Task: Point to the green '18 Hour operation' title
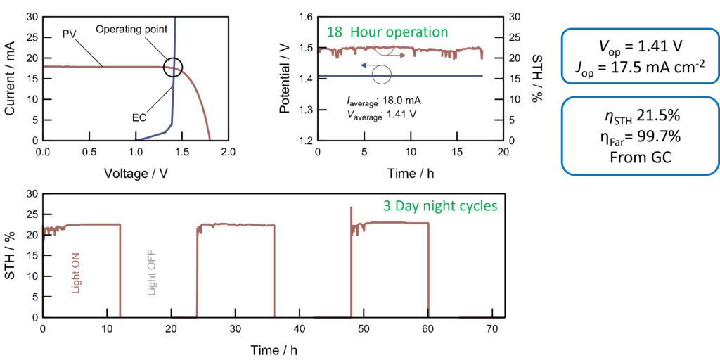point(387,32)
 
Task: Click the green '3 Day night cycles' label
point(441,206)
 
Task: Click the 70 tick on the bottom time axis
point(491,329)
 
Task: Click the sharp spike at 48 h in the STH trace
point(352,207)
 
